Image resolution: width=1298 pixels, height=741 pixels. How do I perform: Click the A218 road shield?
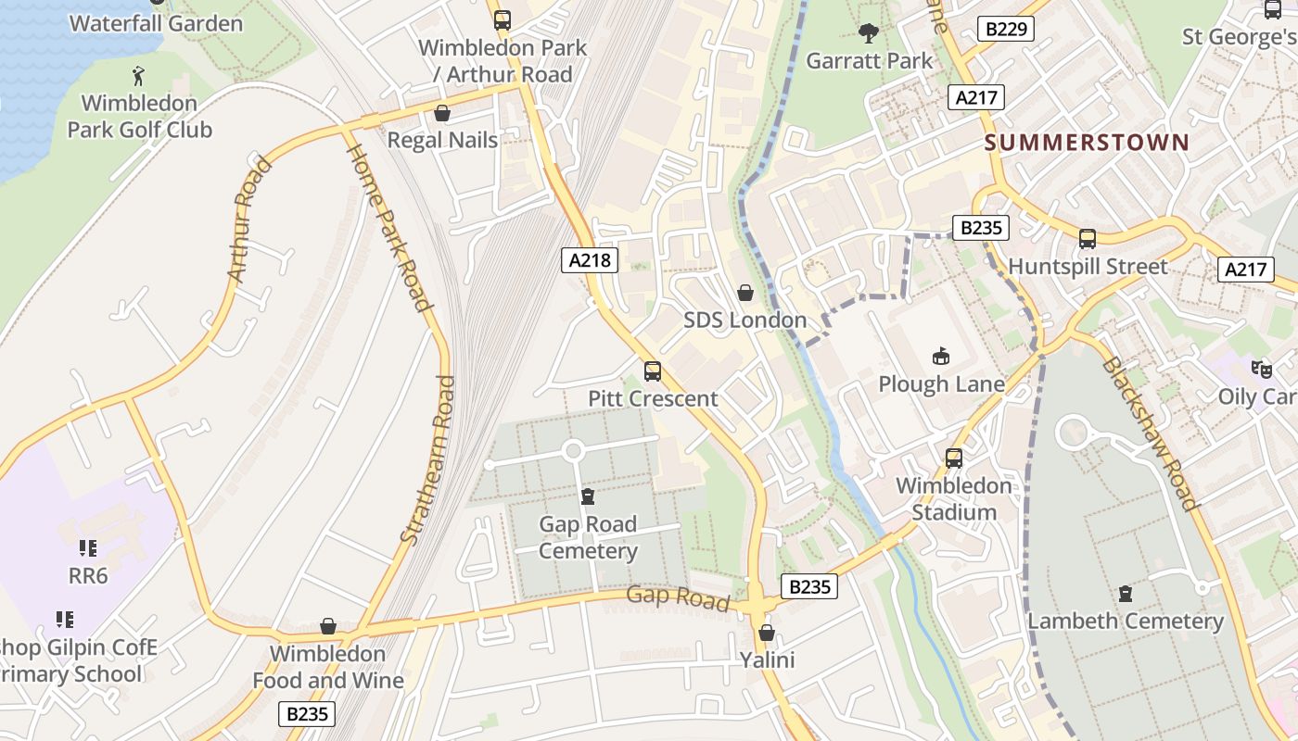click(590, 260)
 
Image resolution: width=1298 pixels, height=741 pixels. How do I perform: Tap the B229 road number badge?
click(1005, 29)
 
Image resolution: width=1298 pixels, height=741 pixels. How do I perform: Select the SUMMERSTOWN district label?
click(1086, 142)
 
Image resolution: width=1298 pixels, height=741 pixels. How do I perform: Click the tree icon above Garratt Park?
click(869, 34)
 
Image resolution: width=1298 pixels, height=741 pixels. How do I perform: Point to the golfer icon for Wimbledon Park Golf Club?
click(139, 75)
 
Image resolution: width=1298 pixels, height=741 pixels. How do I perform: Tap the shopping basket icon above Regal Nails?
click(442, 113)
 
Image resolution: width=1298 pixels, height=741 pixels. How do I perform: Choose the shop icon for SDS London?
click(744, 294)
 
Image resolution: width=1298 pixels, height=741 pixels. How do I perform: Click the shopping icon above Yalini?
click(766, 634)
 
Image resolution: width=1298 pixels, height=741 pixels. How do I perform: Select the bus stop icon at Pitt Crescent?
click(653, 371)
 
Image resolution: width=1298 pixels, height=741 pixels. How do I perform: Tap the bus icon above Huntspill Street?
click(1088, 239)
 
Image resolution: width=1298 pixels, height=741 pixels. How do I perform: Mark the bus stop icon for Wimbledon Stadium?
click(953, 458)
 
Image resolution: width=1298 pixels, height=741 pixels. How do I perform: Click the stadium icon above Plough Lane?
click(941, 356)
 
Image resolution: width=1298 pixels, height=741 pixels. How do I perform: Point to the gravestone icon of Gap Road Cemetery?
click(587, 496)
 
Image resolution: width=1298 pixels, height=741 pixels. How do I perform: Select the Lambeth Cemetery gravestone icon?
click(1126, 593)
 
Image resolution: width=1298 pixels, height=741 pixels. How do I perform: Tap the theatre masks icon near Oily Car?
click(1261, 369)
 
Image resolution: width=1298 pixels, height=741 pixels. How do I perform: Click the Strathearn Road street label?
click(428, 458)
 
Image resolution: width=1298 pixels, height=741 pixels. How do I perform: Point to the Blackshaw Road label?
click(1149, 433)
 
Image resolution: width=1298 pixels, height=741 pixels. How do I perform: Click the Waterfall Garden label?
click(156, 23)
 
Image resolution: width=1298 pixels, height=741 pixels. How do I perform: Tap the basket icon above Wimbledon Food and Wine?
click(327, 626)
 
